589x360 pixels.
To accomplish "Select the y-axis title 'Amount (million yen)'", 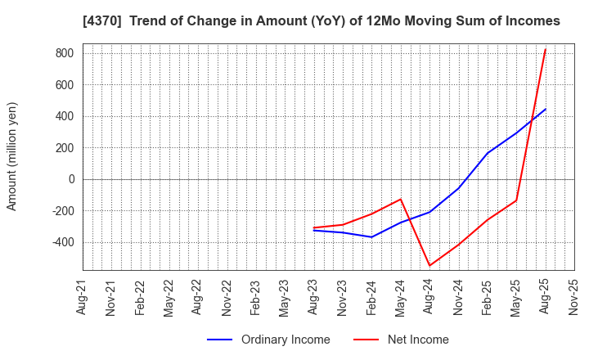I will point(12,156).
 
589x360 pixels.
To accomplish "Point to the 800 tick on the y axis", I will point(65,53).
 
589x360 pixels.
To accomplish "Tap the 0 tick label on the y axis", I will point(70,179).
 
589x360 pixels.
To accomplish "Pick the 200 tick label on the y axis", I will point(65,148).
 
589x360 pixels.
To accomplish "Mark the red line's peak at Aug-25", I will point(546,49).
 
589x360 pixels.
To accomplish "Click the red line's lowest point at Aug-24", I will point(429,266).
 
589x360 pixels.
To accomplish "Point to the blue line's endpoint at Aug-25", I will point(546,109).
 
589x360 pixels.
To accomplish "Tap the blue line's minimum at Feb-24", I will point(372,237).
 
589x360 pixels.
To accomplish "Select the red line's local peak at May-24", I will point(401,199).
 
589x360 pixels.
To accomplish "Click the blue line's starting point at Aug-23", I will point(314,230).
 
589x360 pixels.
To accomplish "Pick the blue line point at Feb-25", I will point(488,153).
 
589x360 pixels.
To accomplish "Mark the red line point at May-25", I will point(516,200).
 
